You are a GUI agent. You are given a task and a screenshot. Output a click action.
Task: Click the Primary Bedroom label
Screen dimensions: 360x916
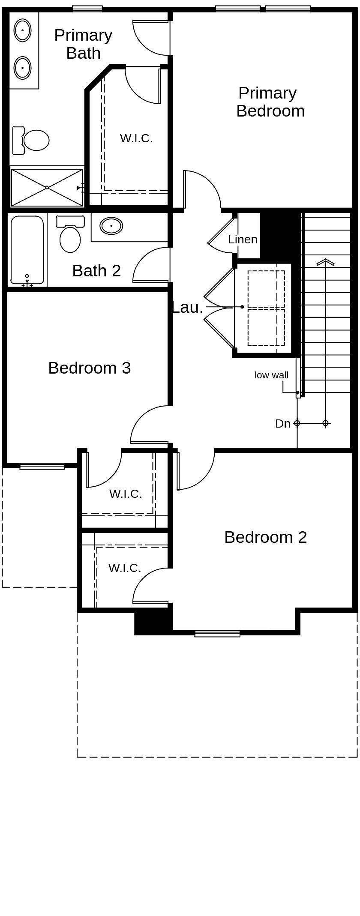tap(270, 102)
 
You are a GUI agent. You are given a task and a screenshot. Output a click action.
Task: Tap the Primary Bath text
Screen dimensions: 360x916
tap(83, 44)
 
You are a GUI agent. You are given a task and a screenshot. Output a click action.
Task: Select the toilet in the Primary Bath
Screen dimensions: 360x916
tap(31, 140)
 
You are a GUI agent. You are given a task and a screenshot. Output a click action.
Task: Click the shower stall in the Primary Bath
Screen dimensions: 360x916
tap(47, 187)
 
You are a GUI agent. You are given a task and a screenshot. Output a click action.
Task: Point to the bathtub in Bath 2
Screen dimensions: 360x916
tap(27, 250)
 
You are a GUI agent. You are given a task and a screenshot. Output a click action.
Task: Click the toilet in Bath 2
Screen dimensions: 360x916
tap(69, 234)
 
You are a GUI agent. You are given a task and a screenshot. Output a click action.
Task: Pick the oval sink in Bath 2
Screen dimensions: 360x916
tap(111, 225)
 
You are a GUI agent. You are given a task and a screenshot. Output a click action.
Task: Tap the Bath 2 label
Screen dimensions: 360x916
tap(96, 271)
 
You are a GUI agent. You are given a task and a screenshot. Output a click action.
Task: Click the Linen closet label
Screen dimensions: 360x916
tap(243, 239)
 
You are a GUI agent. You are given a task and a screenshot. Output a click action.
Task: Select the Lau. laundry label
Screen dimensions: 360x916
tap(187, 307)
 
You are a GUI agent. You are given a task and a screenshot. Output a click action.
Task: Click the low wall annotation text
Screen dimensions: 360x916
tap(271, 375)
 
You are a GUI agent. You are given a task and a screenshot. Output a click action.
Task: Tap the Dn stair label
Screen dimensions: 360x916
tap(283, 424)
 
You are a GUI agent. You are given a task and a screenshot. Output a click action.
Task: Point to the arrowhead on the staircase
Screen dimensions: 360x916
tap(325, 262)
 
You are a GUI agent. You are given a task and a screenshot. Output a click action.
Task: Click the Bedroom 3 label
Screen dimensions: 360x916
tap(90, 368)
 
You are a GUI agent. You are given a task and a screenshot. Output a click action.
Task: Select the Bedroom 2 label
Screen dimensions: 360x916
tap(266, 537)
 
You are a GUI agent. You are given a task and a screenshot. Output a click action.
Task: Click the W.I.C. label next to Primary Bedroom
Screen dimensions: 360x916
tap(136, 138)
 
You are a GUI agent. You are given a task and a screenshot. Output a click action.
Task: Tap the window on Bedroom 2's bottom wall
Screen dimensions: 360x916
tap(217, 634)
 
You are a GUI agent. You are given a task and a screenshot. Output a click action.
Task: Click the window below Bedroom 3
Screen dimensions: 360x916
tap(42, 466)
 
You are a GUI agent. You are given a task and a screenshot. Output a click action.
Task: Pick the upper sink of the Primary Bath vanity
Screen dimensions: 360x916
tap(22, 30)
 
